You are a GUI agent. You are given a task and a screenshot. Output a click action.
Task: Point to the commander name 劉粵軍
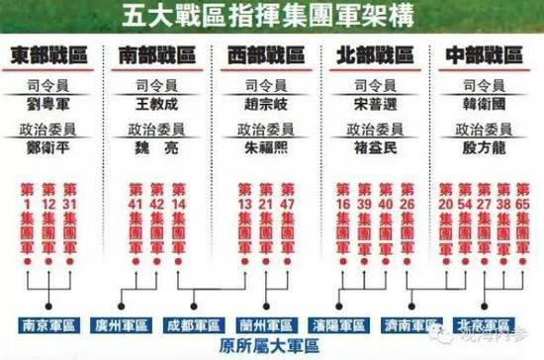coord(48,103)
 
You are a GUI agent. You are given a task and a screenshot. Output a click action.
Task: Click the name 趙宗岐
coord(263,103)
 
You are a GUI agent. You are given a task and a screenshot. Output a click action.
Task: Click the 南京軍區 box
coord(47,322)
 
